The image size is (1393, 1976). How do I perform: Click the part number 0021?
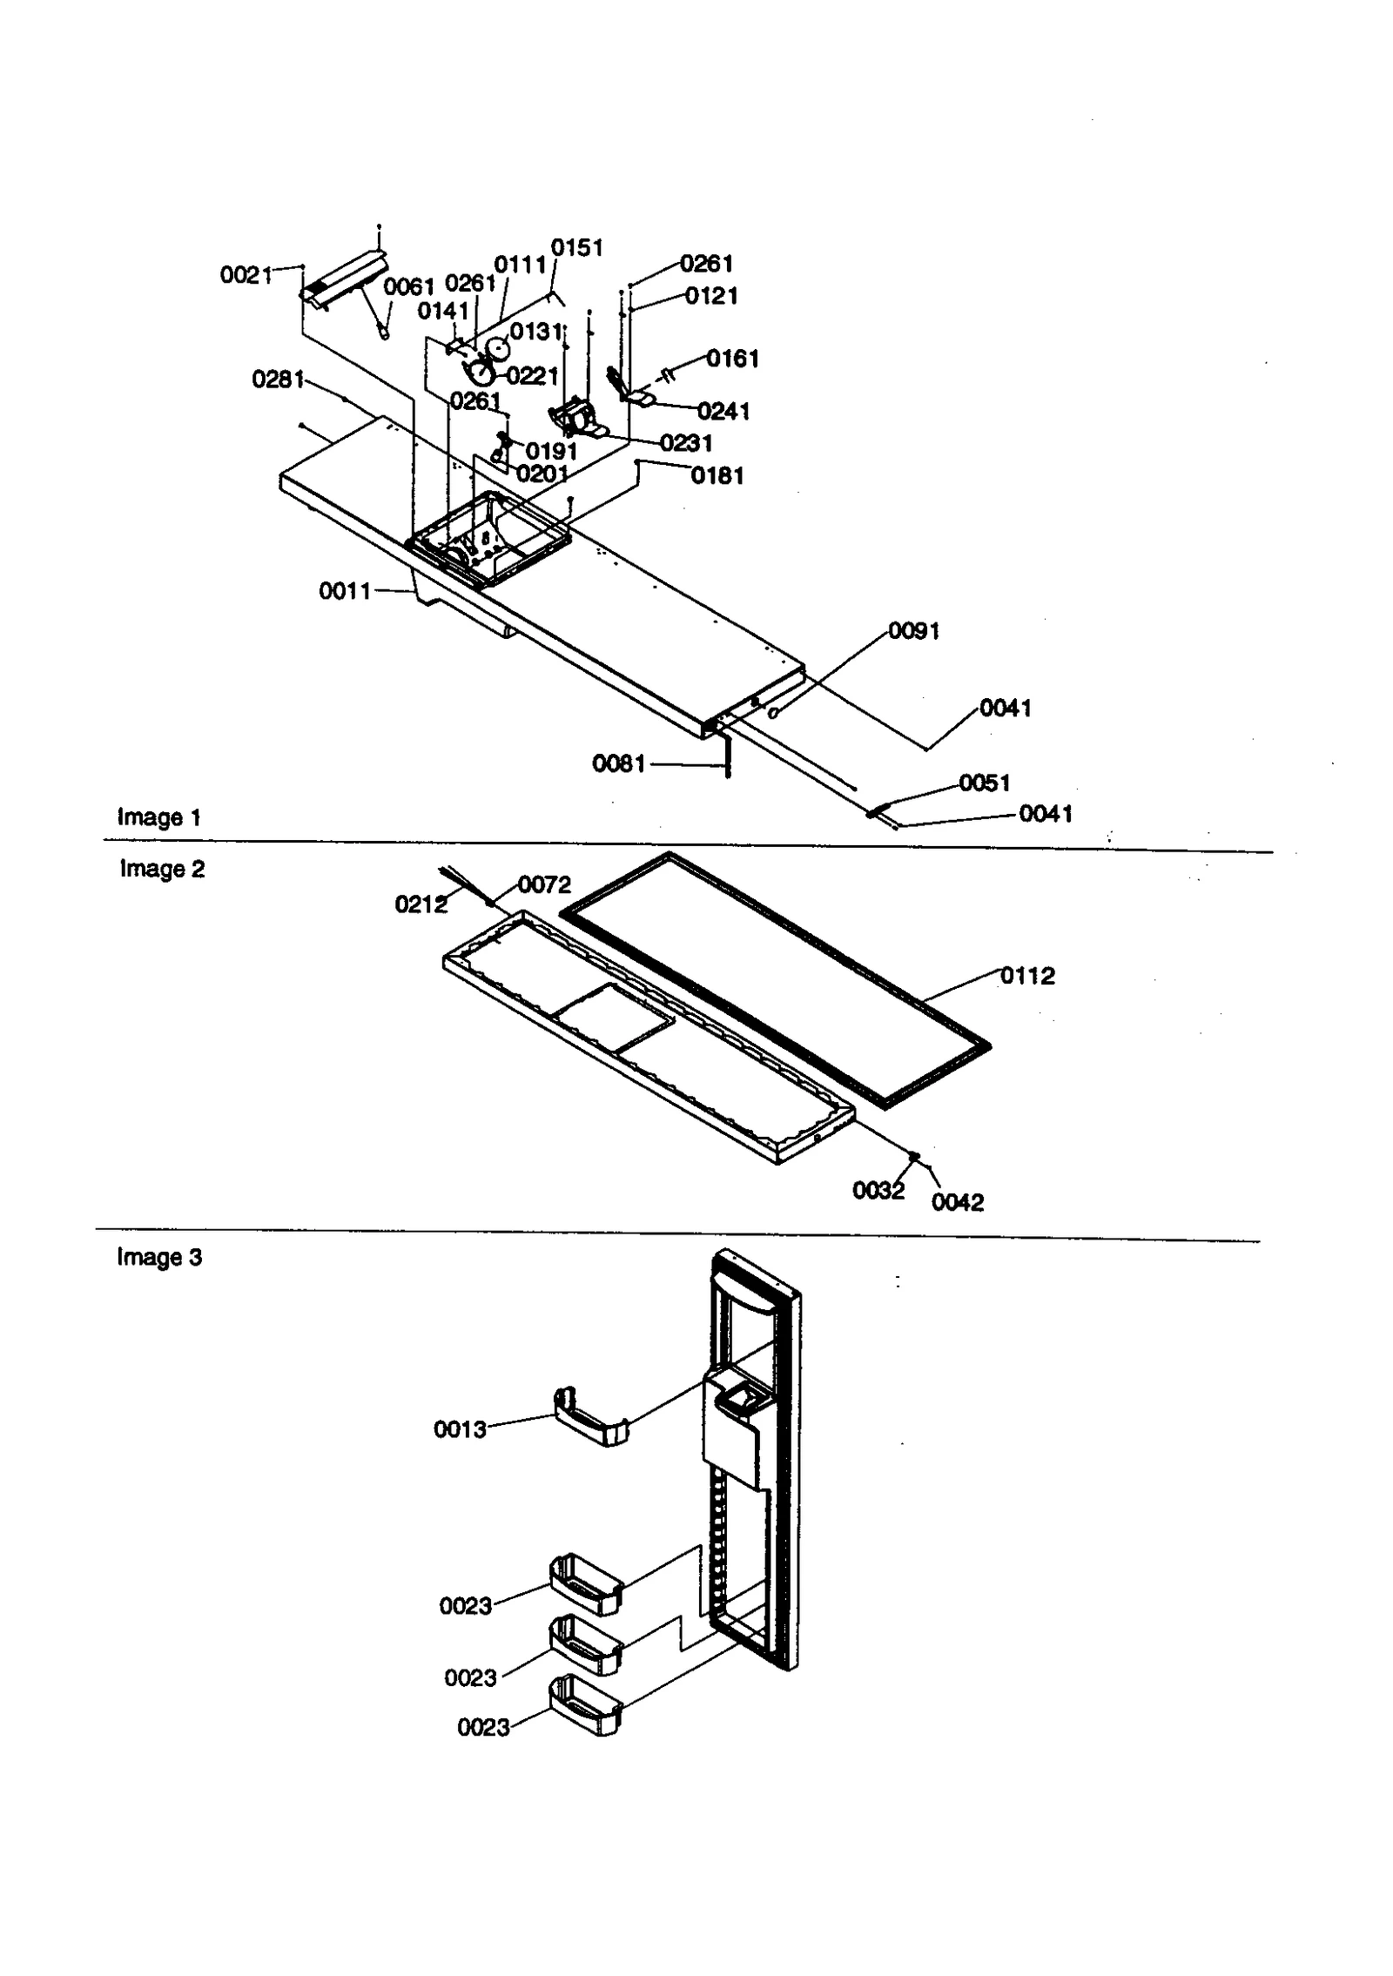click(246, 275)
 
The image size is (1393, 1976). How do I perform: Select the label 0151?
click(577, 248)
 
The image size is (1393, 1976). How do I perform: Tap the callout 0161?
click(732, 359)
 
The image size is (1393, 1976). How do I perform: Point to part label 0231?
click(686, 443)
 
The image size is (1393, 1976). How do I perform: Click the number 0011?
click(345, 591)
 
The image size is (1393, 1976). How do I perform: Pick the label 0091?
click(914, 631)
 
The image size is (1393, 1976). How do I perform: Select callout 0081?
click(619, 763)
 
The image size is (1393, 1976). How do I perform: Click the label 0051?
click(985, 783)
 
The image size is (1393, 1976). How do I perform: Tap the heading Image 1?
click(158, 817)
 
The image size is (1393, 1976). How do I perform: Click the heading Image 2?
click(162, 869)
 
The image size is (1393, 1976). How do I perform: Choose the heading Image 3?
click(159, 1257)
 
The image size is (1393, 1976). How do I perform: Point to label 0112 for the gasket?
click(1027, 976)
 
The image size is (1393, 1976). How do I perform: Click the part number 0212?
click(421, 904)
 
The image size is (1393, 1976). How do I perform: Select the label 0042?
click(958, 1202)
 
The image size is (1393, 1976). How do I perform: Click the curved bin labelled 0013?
click(591, 1418)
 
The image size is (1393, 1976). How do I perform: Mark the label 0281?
click(278, 380)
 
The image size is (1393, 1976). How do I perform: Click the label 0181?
click(717, 475)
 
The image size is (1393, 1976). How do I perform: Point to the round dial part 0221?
click(480, 374)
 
